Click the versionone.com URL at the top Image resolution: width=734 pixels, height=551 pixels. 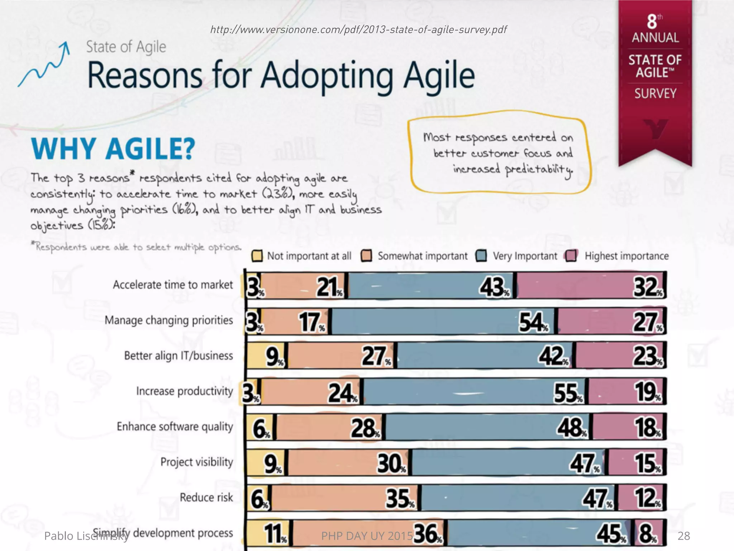coord(358,29)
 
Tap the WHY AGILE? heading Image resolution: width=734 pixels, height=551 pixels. coord(113,149)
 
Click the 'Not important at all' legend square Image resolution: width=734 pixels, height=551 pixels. coord(257,256)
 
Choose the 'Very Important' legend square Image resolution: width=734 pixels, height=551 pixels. coord(481,256)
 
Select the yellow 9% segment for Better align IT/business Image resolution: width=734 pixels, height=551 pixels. coord(267,356)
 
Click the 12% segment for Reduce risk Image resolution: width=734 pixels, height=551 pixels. coord(642,498)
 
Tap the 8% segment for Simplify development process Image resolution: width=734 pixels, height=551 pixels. coord(650,533)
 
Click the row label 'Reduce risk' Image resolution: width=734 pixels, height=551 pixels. coord(206,498)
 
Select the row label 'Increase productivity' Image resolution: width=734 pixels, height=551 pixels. coord(184,391)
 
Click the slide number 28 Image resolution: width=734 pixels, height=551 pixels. coord(683,536)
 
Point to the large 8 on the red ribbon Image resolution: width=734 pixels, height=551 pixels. coord(652,22)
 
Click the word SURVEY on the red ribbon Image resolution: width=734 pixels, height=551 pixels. coord(655,94)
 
